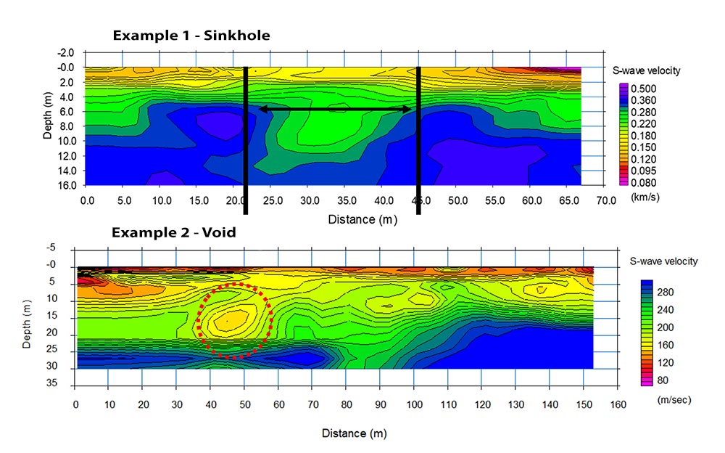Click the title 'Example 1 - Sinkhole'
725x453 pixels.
(x=191, y=35)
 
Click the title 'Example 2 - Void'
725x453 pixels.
(x=173, y=233)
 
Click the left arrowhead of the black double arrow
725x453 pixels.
(x=262, y=110)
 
